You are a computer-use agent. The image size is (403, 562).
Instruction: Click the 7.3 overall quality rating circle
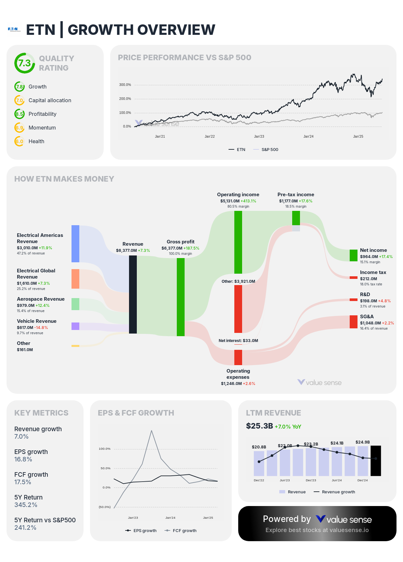25,63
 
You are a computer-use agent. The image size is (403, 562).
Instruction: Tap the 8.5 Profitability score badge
19,114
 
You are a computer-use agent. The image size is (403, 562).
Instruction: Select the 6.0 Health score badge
19,142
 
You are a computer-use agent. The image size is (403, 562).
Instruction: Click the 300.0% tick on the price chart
125,85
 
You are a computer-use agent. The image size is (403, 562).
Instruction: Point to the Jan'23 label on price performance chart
259,137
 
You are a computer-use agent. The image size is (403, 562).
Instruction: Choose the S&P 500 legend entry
269,150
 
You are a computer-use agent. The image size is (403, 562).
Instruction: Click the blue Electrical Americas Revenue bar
75,243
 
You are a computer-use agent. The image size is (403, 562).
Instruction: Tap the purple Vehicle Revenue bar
75,326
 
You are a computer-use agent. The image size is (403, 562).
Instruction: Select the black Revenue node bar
133,294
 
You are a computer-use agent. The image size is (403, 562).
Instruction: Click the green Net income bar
354,255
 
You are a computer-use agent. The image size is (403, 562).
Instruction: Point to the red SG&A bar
354,322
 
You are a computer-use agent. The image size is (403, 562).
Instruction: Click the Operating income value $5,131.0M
230,201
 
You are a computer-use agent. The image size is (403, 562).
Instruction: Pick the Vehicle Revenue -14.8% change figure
41,328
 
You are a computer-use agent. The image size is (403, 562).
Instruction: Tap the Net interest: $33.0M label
238,341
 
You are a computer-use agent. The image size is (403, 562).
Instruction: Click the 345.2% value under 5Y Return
26,505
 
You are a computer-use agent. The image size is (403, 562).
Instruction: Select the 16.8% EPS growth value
23,459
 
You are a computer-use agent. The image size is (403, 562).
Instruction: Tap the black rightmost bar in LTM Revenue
376,461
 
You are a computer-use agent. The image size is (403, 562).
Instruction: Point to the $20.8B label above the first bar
259,447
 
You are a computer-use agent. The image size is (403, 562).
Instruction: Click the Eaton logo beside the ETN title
14,29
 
